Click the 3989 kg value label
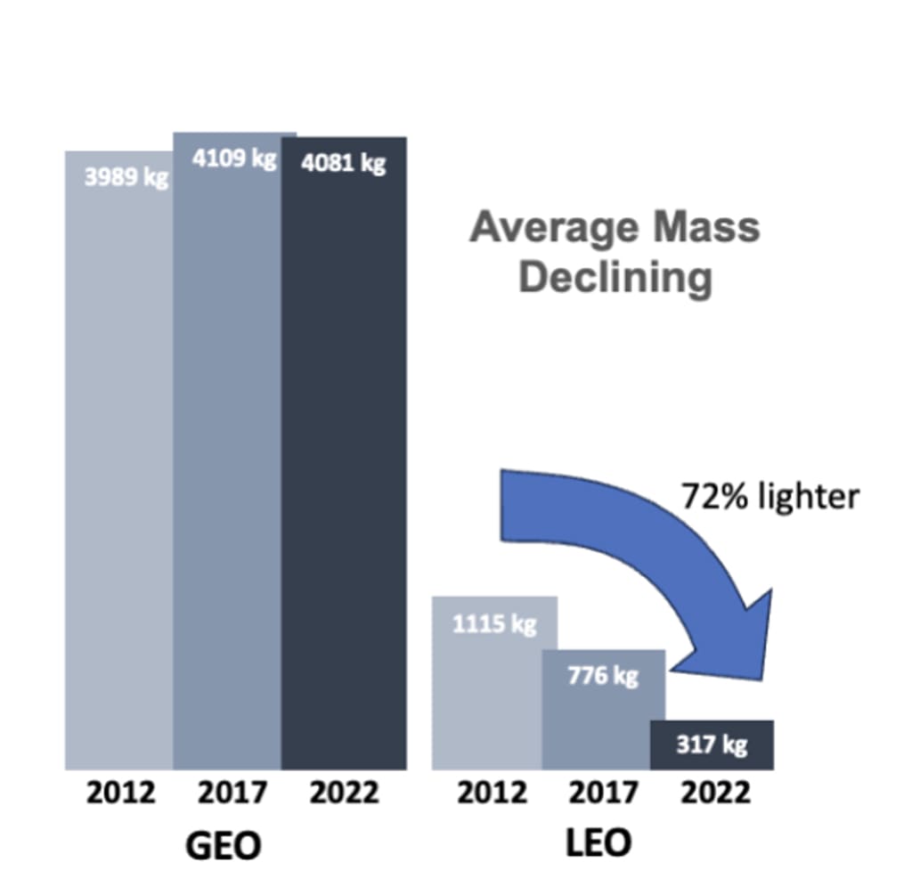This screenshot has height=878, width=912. pos(126,177)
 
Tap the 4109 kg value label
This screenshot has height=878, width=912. pos(234,160)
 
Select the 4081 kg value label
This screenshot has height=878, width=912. pos(343,165)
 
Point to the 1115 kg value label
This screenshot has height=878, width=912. pos(494,624)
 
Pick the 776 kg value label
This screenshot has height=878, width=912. pos(603,676)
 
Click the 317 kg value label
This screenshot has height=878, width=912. pos(711,744)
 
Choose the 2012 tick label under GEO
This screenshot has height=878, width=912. pos(120,793)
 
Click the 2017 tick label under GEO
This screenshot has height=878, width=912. pos(232,793)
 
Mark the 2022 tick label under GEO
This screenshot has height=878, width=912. pos(344,793)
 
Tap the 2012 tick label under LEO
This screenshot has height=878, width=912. pos(492,793)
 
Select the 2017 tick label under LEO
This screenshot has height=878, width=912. pos(603,793)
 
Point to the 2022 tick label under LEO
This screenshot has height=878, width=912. pos(715,793)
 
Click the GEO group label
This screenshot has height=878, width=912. pos(224,846)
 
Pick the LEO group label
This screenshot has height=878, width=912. pos(598,843)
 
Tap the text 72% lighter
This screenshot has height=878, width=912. pos(769,496)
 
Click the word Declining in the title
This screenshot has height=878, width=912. pos(615,278)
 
